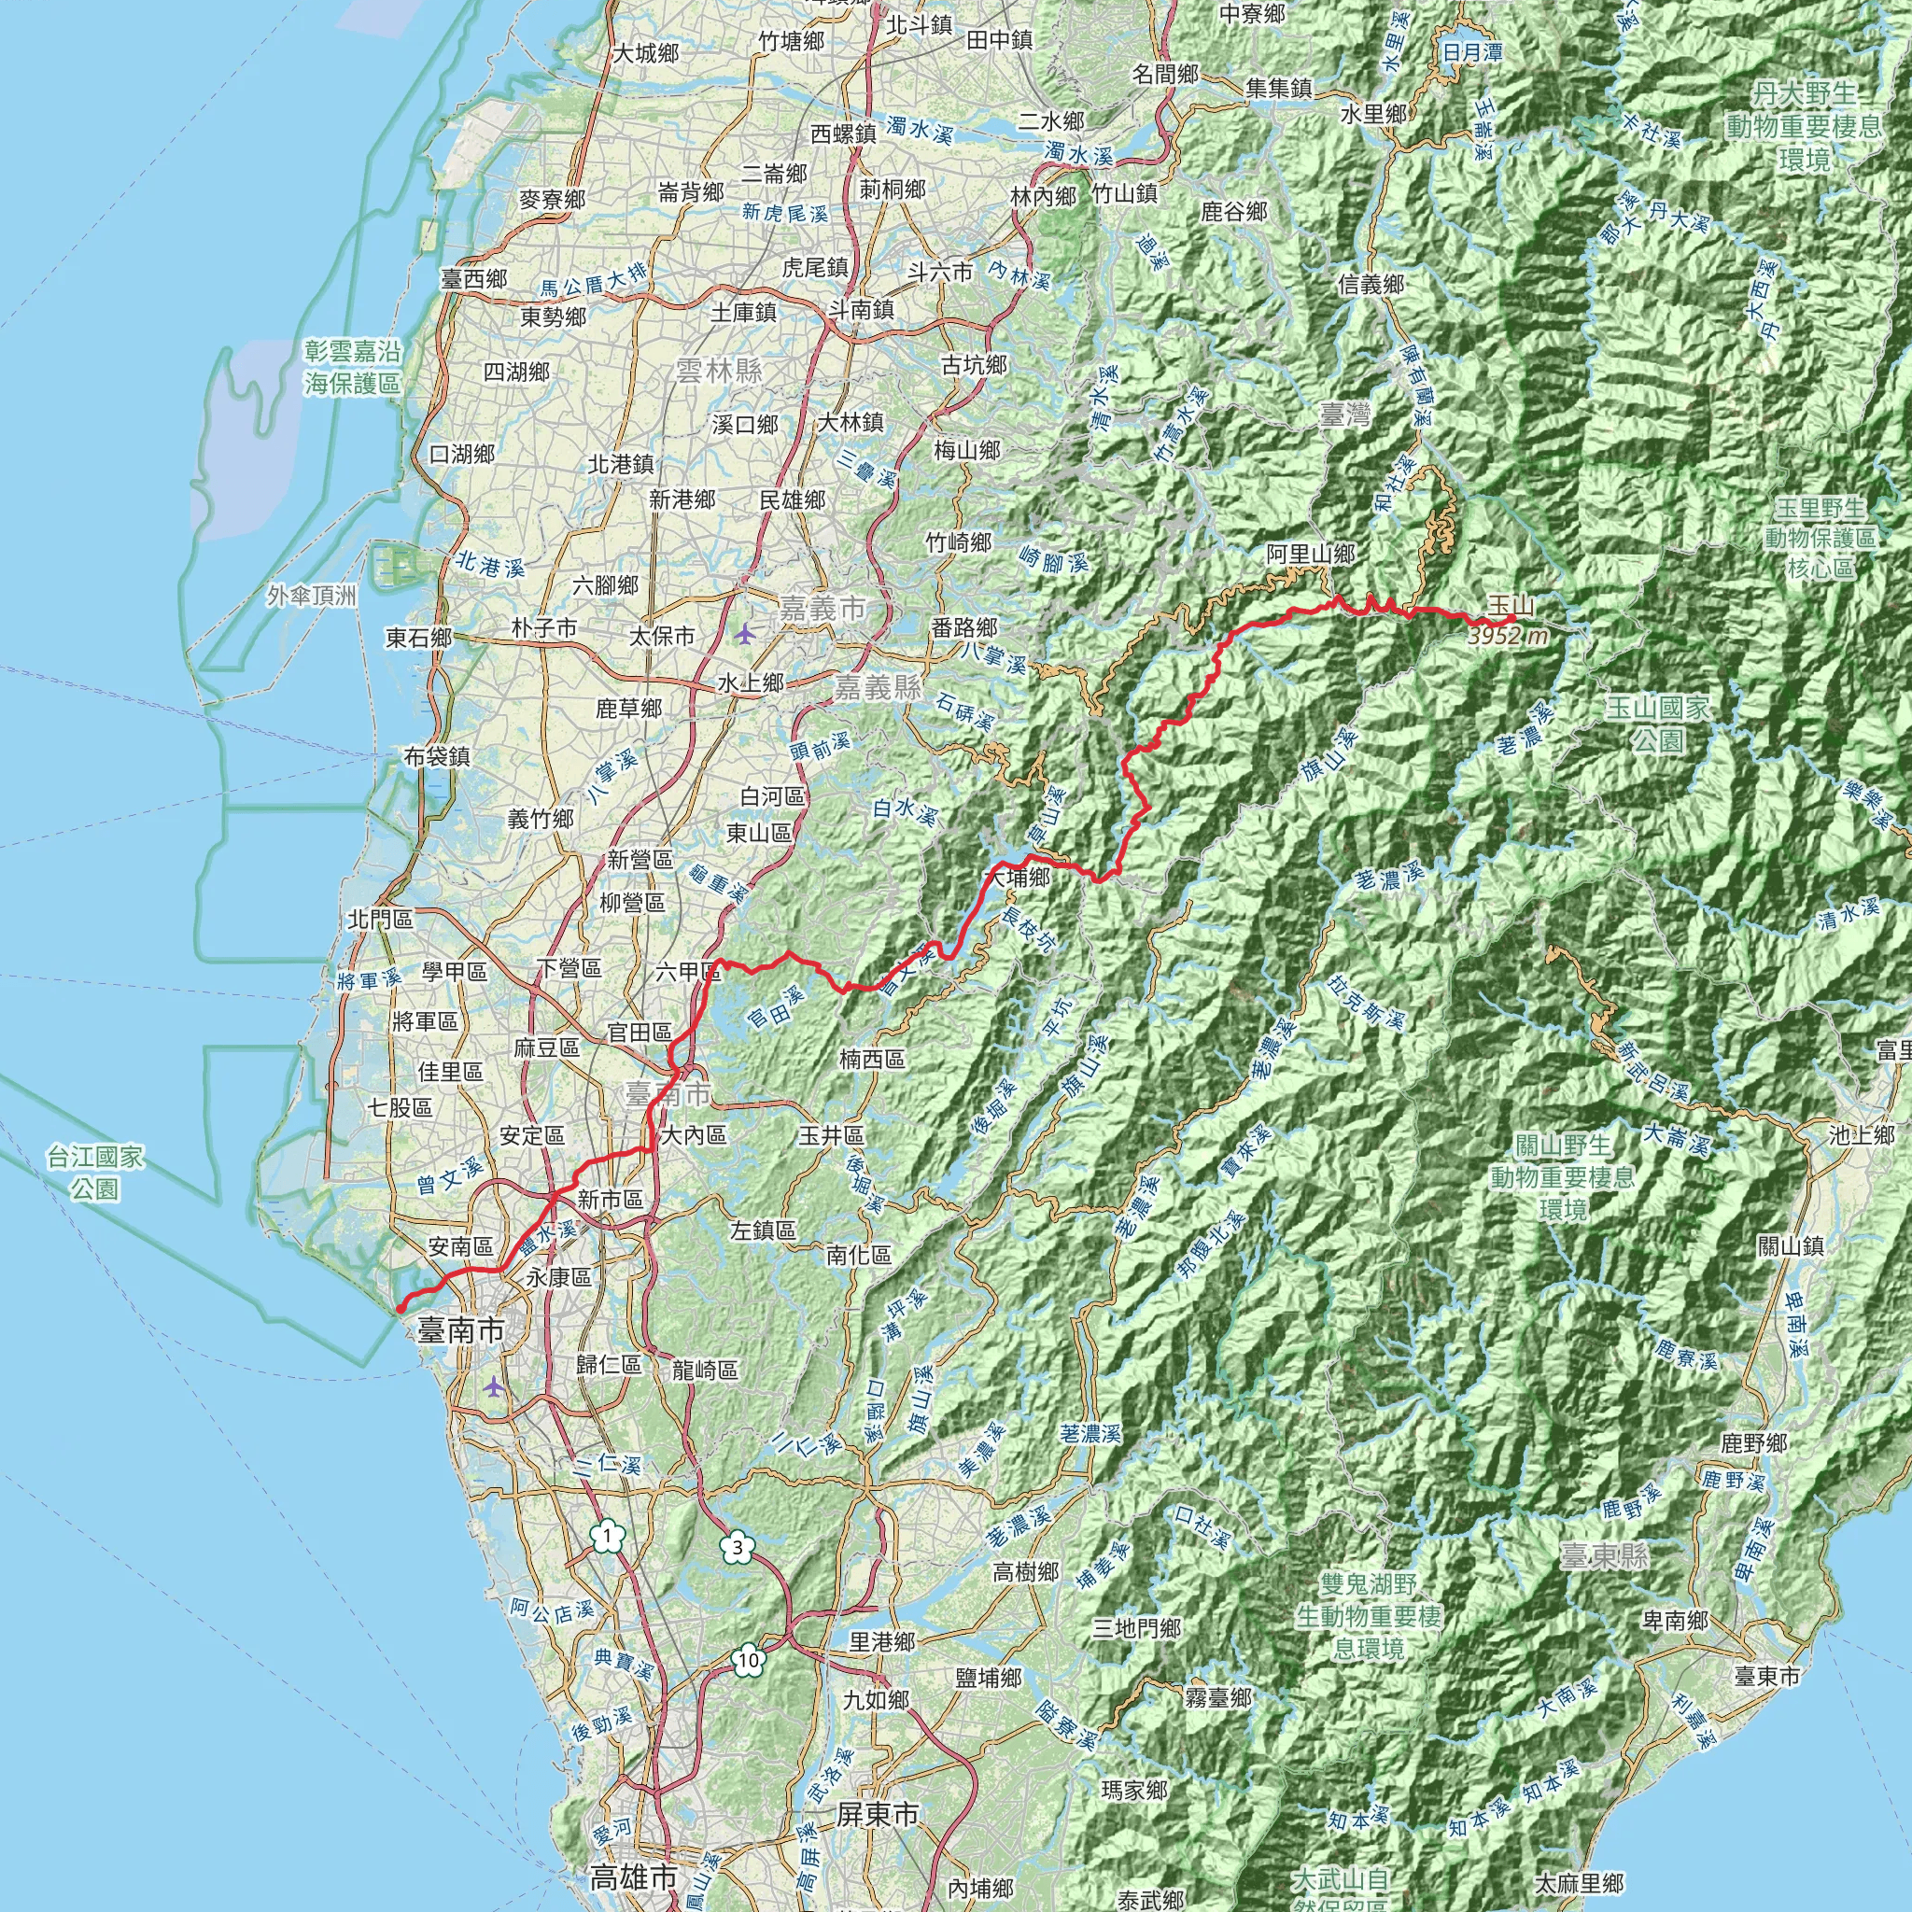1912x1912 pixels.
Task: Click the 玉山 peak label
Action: [1511, 605]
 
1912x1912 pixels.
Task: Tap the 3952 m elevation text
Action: [1507, 637]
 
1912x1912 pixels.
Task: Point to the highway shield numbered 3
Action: [736, 1547]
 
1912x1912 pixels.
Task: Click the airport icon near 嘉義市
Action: [744, 632]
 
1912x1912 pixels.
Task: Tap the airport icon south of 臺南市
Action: [494, 1386]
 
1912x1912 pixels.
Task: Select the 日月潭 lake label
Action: [1472, 51]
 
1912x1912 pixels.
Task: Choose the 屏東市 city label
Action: [877, 1814]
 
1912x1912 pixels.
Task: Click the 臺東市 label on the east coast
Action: [1765, 1677]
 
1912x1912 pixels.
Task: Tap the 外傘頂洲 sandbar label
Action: [312, 595]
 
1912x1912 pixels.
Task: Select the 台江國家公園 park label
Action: [95, 1172]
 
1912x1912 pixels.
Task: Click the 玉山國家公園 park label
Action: [1657, 723]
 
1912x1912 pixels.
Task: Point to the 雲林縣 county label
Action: [719, 372]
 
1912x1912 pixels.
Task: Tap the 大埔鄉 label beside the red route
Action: [1017, 877]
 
